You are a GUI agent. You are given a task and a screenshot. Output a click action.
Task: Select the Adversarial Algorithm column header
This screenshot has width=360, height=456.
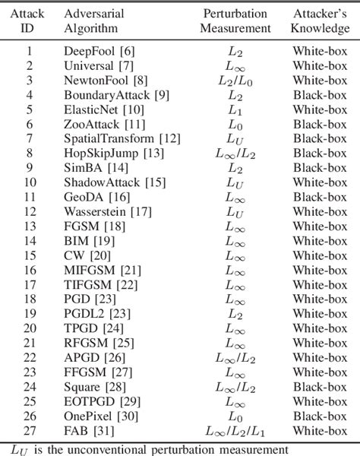click(96, 21)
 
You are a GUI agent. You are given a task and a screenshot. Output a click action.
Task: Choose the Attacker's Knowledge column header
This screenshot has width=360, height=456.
click(322, 21)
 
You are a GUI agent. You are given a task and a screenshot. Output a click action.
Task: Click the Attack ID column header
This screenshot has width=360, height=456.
click(30, 21)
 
